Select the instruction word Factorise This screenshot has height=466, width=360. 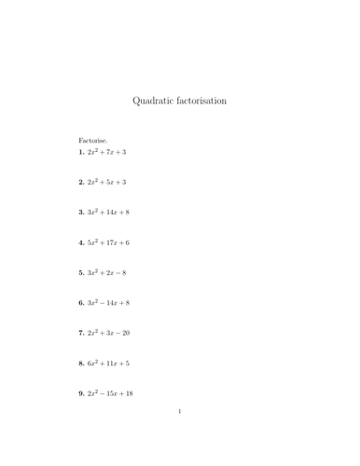(93, 140)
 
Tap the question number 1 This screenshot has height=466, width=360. (82, 152)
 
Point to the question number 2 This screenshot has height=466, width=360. (82, 183)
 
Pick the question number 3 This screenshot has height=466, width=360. (82, 212)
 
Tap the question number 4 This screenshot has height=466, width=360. (82, 242)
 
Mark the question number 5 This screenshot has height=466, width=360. (82, 273)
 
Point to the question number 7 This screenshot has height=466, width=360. (82, 333)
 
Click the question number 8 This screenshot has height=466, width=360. (82, 363)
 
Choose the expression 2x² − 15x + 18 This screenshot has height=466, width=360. (111, 393)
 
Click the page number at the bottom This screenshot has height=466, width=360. (180, 435)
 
